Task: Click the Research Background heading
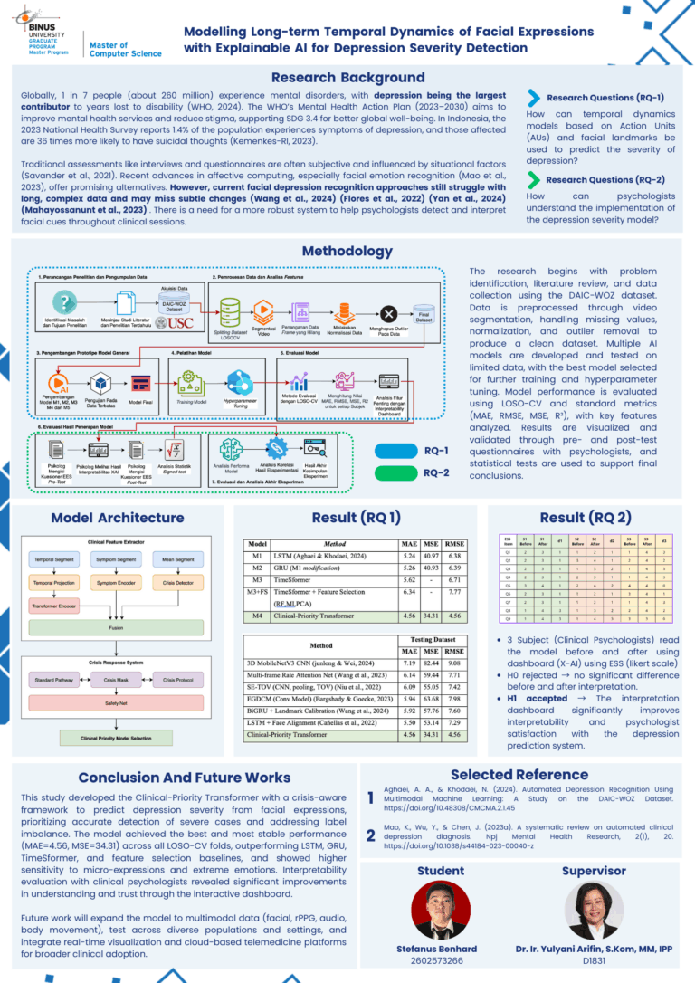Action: [x=347, y=78]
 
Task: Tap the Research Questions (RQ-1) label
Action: [x=605, y=98]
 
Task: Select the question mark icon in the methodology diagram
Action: [x=62, y=300]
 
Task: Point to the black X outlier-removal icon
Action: [x=389, y=313]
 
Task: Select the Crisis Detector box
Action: [x=181, y=584]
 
